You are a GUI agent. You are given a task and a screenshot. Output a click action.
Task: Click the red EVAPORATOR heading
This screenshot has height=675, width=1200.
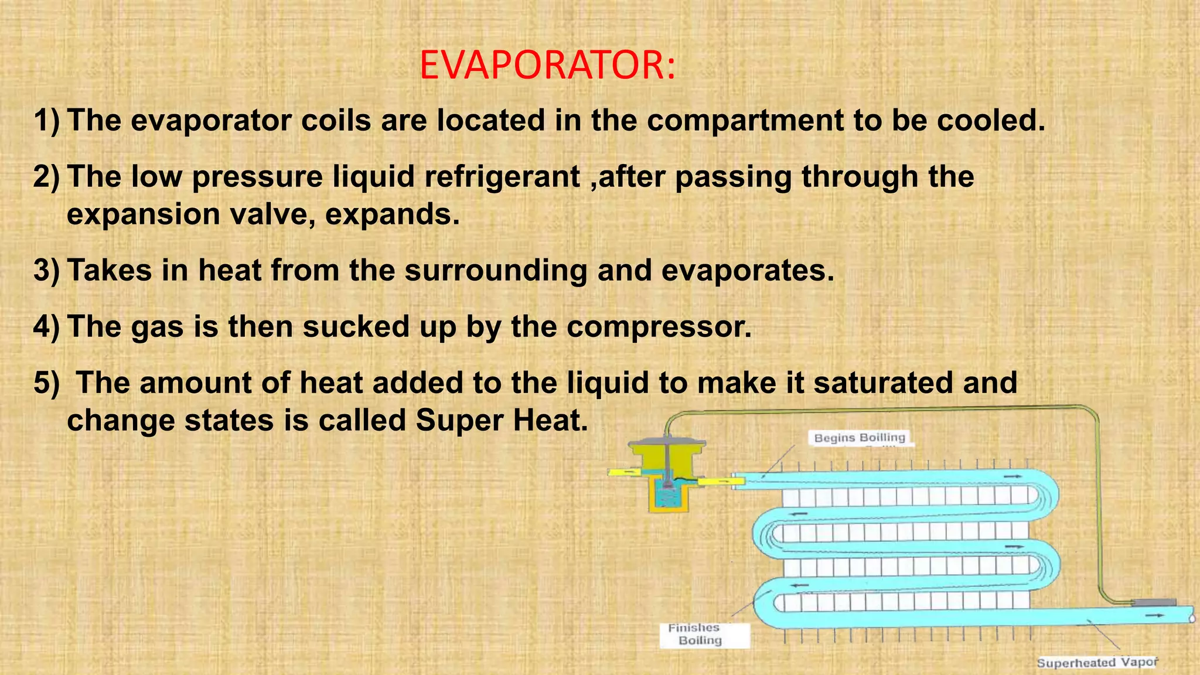click(x=547, y=65)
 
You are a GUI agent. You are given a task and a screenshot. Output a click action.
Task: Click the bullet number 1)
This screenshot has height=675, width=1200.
click(x=47, y=121)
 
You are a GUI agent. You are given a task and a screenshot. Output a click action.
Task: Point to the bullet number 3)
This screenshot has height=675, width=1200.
click(x=47, y=271)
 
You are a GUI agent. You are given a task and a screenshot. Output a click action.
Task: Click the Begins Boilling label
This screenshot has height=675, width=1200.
click(x=860, y=438)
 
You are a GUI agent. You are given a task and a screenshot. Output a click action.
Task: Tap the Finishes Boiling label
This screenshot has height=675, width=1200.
click(x=700, y=635)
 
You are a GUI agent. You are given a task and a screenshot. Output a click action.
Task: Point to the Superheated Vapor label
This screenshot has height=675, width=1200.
click(x=1097, y=663)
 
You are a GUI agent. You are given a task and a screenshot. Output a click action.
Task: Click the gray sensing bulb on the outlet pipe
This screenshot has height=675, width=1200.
click(x=1153, y=602)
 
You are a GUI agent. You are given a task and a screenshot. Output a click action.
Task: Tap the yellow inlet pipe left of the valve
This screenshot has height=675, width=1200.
click(x=623, y=472)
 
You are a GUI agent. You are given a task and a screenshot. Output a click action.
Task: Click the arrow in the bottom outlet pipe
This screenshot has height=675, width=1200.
click(x=1155, y=616)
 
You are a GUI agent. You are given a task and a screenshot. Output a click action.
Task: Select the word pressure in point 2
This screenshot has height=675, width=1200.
click(x=257, y=177)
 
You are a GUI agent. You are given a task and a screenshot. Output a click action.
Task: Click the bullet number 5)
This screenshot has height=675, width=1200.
click(x=47, y=383)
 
